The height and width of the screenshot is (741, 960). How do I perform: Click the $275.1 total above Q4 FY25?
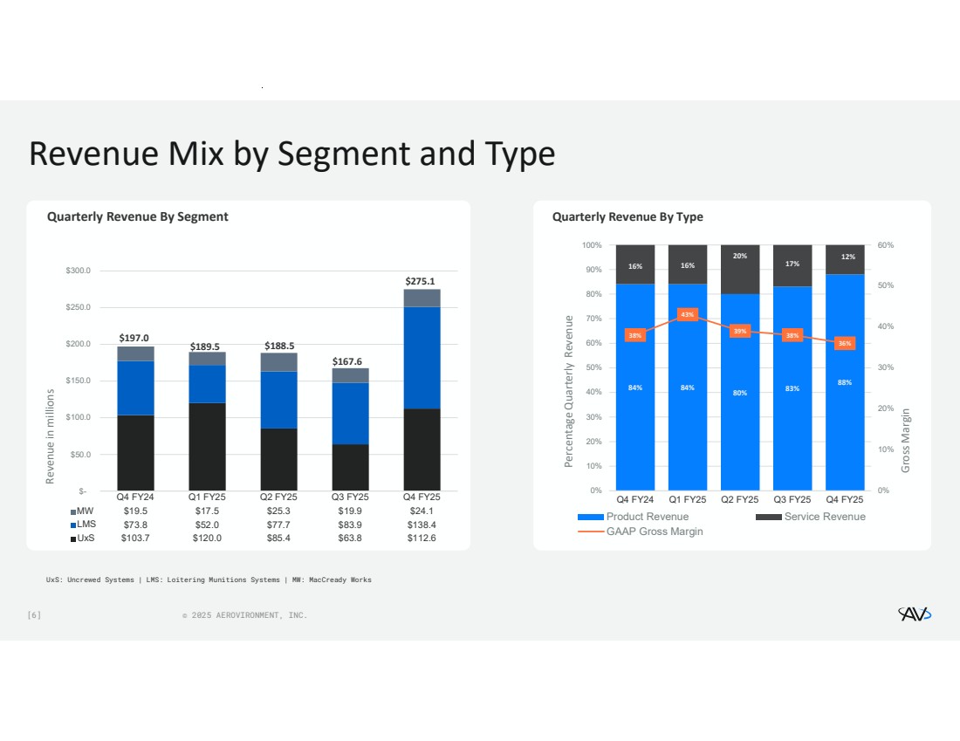(421, 281)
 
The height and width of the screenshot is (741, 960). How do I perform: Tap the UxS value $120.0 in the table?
(207, 539)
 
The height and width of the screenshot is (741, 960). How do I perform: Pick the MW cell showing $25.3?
(279, 511)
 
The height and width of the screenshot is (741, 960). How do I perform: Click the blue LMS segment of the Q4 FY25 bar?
(421, 358)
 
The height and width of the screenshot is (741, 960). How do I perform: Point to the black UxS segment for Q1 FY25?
(207, 446)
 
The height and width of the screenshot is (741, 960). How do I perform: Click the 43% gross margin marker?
(688, 314)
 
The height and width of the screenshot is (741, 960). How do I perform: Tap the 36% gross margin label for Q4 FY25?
(845, 344)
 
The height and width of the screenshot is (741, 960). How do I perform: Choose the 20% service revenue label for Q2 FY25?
(740, 256)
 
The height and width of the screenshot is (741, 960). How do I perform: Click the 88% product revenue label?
(845, 382)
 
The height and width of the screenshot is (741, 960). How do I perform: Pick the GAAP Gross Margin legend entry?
(654, 532)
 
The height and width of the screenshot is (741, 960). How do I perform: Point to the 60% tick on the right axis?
(885, 245)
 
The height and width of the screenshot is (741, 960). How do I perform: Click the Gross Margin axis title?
(906, 441)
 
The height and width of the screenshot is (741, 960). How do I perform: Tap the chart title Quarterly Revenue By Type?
(627, 216)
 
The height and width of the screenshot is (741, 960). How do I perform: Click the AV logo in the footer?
(915, 614)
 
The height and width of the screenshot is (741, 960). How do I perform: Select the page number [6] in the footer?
(34, 615)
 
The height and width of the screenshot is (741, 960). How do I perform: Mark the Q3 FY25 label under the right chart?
(792, 499)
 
